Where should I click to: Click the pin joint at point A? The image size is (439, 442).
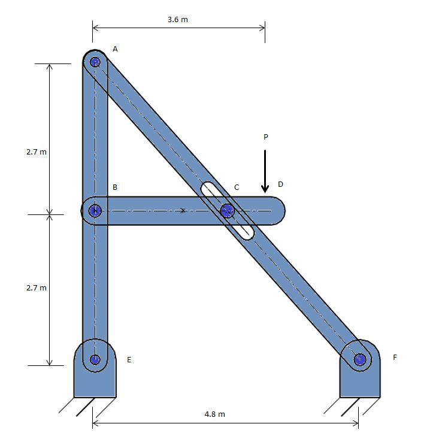tap(95, 61)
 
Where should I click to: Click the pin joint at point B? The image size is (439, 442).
tap(95, 210)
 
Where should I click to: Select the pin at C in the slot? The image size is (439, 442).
tap(227, 210)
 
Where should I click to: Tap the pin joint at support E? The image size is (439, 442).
tap(95, 359)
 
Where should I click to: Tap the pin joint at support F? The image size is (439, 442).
tap(360, 359)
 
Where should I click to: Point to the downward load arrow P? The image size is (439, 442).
tap(265, 171)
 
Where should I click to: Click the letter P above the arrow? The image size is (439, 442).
tap(265, 137)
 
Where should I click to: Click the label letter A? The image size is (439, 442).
tap(115, 49)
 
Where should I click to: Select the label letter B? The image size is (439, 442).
tap(114, 187)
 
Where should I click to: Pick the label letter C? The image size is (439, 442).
tap(237, 187)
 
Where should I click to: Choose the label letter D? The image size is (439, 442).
tap(280, 184)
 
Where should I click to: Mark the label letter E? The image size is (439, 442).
tap(129, 360)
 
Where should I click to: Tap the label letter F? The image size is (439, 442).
tap(395, 357)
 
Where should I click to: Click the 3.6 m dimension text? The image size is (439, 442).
tap(178, 19)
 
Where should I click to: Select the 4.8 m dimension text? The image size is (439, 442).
tap(215, 414)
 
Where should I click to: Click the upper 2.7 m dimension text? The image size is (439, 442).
tap(37, 152)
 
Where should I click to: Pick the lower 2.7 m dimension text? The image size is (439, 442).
tap(37, 288)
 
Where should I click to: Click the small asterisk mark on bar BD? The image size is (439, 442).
tap(183, 210)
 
